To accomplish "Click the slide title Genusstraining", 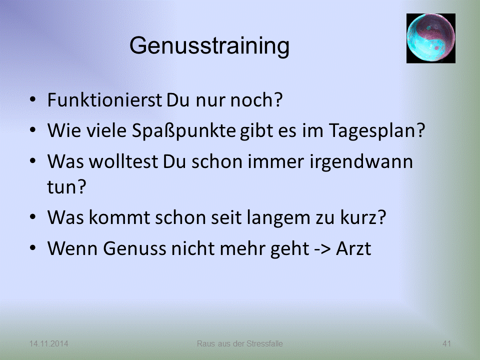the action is pyautogui.click(x=209, y=46).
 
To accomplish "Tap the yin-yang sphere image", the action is pyautogui.click(x=430, y=38).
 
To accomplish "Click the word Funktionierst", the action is pyautogui.click(x=104, y=100).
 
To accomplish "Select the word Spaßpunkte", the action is pyautogui.click(x=183, y=131).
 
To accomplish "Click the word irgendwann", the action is pyautogui.click(x=361, y=162).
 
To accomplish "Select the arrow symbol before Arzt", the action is pyautogui.click(x=322, y=248).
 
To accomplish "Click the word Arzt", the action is pyautogui.click(x=353, y=248).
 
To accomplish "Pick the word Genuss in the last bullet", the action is pyautogui.click(x=134, y=248).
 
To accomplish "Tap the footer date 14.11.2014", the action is pyautogui.click(x=48, y=344).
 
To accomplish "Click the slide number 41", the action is pyautogui.click(x=446, y=344).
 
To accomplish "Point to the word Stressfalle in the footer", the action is pyautogui.click(x=265, y=344).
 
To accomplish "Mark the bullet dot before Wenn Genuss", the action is pyautogui.click(x=33, y=247).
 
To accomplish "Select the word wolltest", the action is pyautogui.click(x=123, y=161).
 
